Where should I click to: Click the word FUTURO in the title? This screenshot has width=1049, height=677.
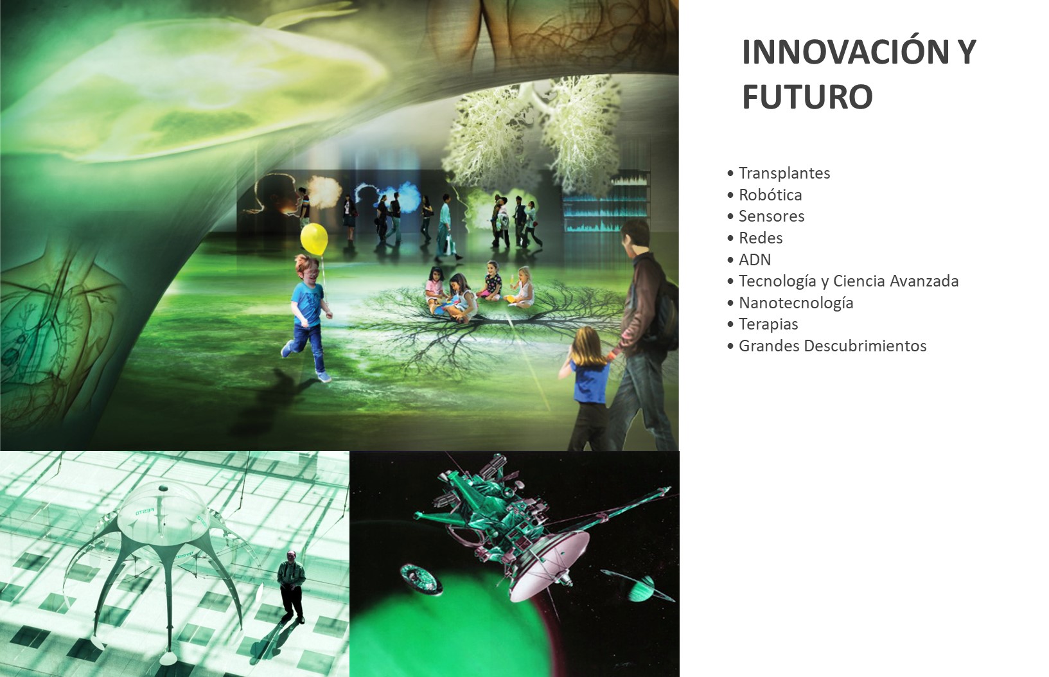807,97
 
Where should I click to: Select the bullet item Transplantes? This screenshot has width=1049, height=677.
784,173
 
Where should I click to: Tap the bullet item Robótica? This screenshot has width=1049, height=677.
770,195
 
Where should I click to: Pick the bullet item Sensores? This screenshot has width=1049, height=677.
771,216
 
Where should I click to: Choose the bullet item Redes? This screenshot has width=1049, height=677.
761,238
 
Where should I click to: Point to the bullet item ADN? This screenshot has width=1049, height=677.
754,259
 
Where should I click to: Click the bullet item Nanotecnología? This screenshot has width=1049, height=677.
796,303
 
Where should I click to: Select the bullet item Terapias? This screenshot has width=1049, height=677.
768,324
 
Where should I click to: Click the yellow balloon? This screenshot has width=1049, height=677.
313,239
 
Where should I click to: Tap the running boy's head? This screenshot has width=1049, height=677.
308,270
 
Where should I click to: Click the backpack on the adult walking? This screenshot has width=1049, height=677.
666,309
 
